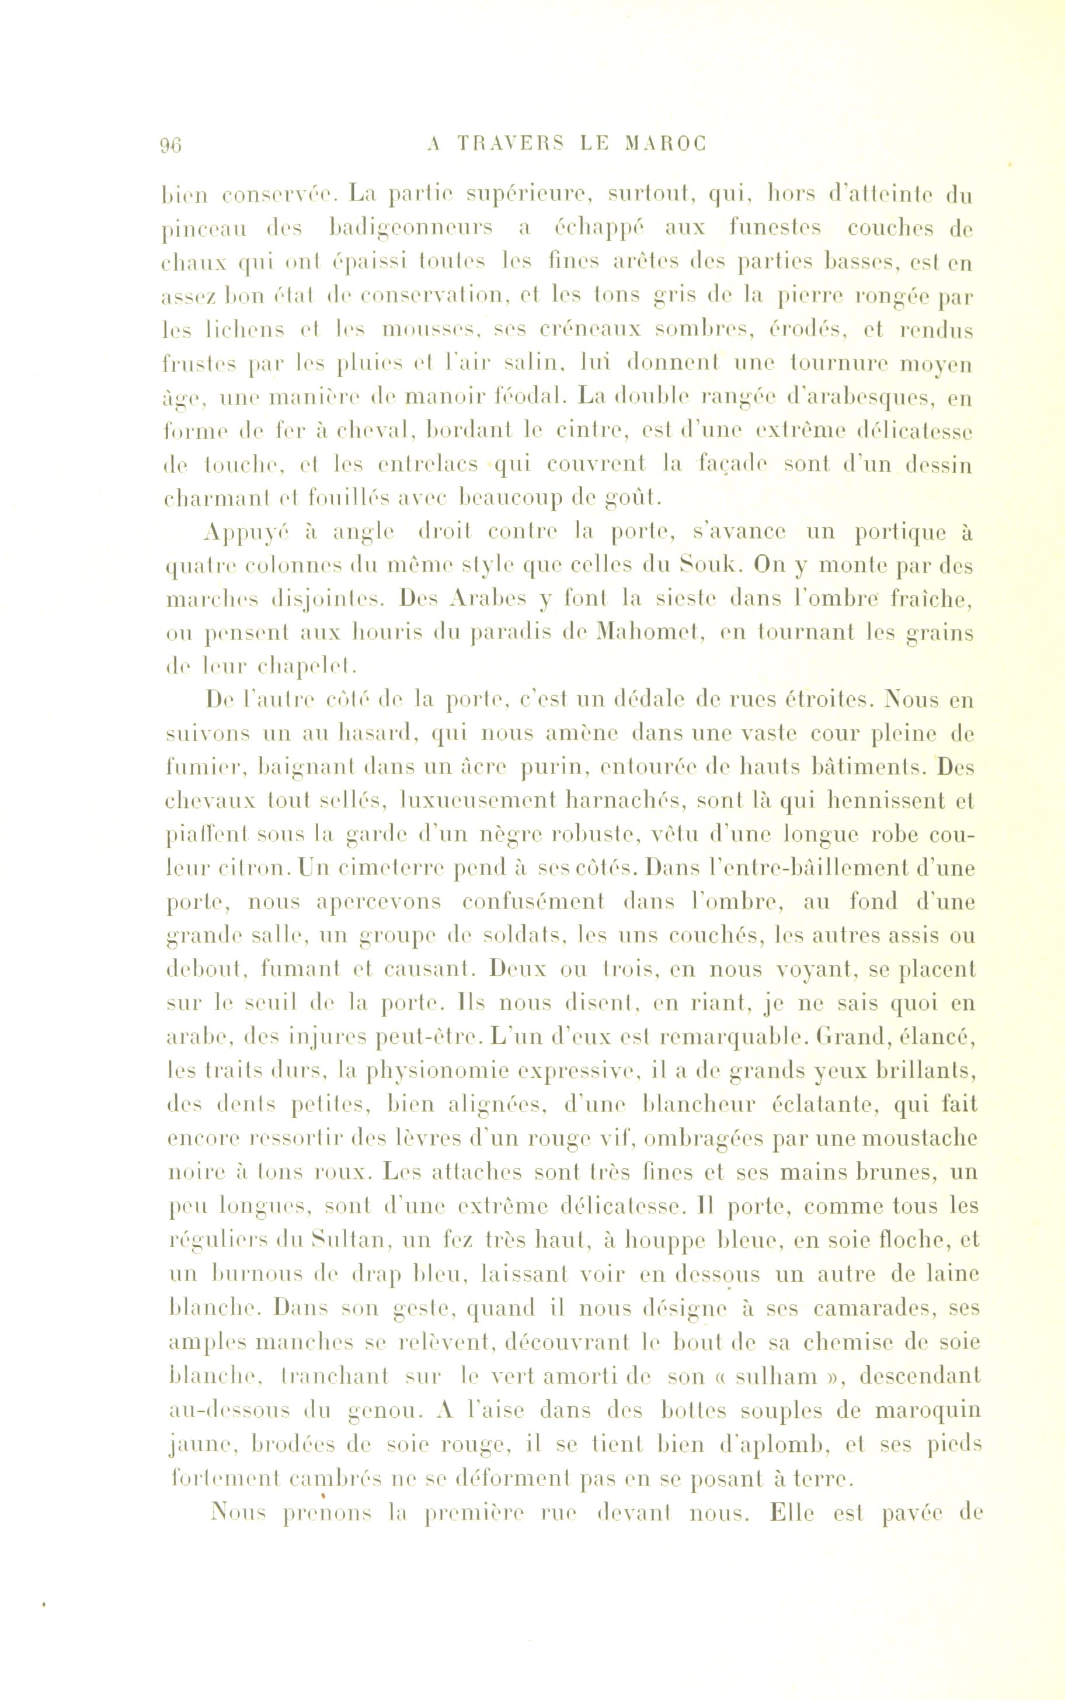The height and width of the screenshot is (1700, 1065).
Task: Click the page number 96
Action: coord(171,144)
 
